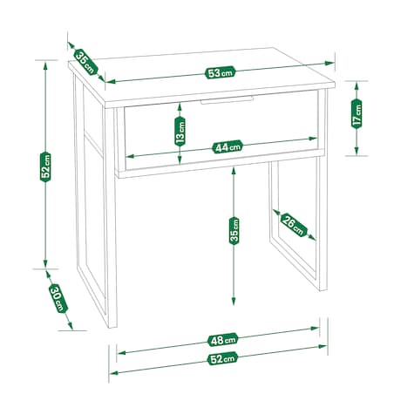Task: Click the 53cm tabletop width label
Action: [x=220, y=72]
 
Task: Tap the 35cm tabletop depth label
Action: [x=85, y=63]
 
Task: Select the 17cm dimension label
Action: [x=357, y=113]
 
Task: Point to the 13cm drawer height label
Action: [x=180, y=132]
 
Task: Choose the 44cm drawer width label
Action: [x=228, y=146]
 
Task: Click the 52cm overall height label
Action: [x=45, y=167]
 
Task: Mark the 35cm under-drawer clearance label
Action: [x=234, y=231]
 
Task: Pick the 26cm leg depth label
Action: [x=294, y=225]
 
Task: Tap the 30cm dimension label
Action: [x=58, y=298]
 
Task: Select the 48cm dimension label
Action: [x=223, y=340]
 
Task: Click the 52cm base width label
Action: [x=222, y=358]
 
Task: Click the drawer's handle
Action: [x=227, y=100]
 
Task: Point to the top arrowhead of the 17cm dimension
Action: [x=357, y=85]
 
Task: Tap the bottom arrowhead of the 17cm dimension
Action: [x=357, y=151]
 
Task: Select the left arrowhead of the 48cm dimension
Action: [x=121, y=353]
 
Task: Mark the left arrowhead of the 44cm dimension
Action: [x=130, y=156]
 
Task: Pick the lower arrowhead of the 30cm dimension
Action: [x=70, y=326]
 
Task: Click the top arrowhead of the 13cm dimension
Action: [x=180, y=107]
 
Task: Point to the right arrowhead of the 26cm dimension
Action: [x=311, y=237]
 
